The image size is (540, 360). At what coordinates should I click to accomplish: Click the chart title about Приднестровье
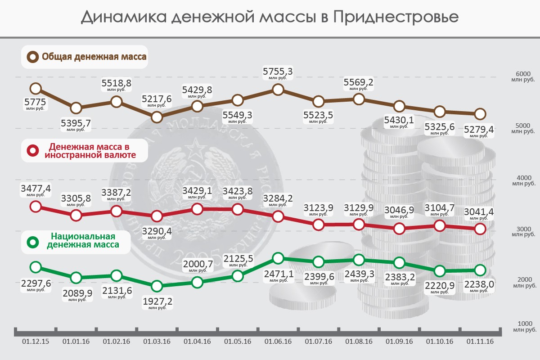click(x=270, y=17)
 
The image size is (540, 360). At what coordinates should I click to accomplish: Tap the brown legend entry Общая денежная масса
click(x=85, y=57)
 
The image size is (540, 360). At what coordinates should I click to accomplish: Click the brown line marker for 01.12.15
click(x=36, y=89)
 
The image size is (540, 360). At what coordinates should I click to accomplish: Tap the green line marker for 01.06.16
click(x=278, y=258)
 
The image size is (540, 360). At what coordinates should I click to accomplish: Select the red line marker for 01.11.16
click(x=480, y=229)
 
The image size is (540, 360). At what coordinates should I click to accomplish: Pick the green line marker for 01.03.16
click(x=157, y=286)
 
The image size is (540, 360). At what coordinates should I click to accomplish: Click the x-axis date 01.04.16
click(x=197, y=342)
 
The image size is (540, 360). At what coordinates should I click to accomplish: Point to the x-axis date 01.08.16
click(x=359, y=342)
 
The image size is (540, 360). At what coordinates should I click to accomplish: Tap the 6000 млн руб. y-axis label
click(x=523, y=76)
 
